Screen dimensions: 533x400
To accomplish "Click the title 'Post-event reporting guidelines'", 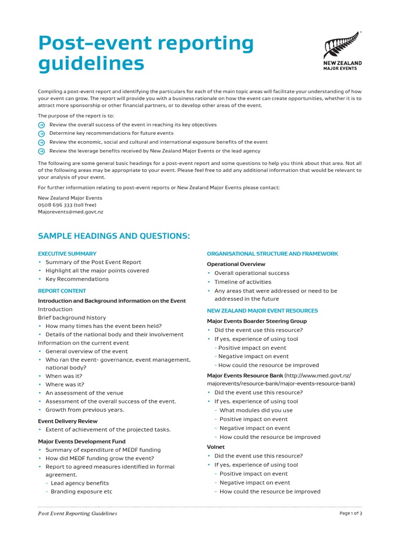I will pyautogui.click(x=145, y=54).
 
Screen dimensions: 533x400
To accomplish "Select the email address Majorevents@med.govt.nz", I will pyautogui.click(x=70, y=212).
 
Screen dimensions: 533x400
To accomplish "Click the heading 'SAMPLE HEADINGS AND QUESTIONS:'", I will pyautogui.click(x=114, y=236).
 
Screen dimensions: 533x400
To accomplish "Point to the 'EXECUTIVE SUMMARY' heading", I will pyautogui.click(x=67, y=253).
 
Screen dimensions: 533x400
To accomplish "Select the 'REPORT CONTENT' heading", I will pyautogui.click(x=62, y=291).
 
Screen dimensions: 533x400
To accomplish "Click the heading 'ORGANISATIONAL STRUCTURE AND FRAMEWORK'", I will pyautogui.click(x=272, y=253).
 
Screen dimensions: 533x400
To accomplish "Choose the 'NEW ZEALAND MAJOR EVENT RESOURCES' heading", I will pyautogui.click(x=262, y=311).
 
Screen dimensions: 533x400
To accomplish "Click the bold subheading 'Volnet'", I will pyautogui.click(x=216, y=447).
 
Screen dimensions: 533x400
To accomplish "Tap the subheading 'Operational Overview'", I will pyautogui.click(x=236, y=264).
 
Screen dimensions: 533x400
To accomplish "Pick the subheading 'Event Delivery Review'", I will pyautogui.click(x=68, y=421).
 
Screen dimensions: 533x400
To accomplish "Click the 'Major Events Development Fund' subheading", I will pyautogui.click(x=81, y=441).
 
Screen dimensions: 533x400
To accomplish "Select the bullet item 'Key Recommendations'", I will pyautogui.click(x=77, y=279).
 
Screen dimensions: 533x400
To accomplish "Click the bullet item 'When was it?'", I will pyautogui.click(x=64, y=376).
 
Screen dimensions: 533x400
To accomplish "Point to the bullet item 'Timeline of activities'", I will pyautogui.click(x=243, y=282).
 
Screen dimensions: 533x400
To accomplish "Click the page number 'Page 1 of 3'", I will pyautogui.click(x=351, y=514).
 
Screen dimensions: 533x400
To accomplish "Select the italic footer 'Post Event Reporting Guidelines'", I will pyautogui.click(x=78, y=514).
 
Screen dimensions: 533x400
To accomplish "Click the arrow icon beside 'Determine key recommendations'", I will pyautogui.click(x=42, y=134).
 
